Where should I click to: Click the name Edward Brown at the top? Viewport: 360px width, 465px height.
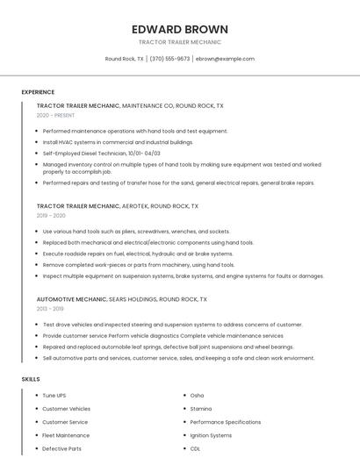click(x=179, y=29)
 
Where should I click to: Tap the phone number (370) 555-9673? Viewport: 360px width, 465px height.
click(x=169, y=59)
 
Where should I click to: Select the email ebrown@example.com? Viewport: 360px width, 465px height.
click(x=225, y=59)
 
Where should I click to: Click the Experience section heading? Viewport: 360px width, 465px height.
click(x=38, y=92)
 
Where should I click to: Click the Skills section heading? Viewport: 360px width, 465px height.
click(x=31, y=379)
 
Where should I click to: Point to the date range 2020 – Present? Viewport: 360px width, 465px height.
click(x=55, y=115)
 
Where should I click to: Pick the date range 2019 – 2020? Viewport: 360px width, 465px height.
click(x=51, y=215)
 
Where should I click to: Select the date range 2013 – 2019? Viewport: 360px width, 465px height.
click(x=50, y=309)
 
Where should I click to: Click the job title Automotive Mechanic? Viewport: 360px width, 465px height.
click(x=71, y=299)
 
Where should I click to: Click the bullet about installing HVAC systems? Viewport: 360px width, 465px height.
click(x=118, y=141)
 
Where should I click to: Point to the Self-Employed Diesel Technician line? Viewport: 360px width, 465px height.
click(x=101, y=153)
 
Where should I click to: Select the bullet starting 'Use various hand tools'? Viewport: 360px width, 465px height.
click(x=136, y=232)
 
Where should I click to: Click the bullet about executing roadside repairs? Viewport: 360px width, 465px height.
click(x=137, y=254)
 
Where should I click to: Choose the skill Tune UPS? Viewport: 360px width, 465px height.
click(x=54, y=396)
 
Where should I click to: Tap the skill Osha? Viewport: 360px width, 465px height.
click(x=197, y=396)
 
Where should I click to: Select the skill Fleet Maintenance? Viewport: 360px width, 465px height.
click(x=66, y=435)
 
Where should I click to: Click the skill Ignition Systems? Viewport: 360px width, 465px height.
click(x=211, y=435)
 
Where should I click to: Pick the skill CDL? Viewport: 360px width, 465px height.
click(x=195, y=448)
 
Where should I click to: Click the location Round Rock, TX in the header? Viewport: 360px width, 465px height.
click(x=125, y=59)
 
